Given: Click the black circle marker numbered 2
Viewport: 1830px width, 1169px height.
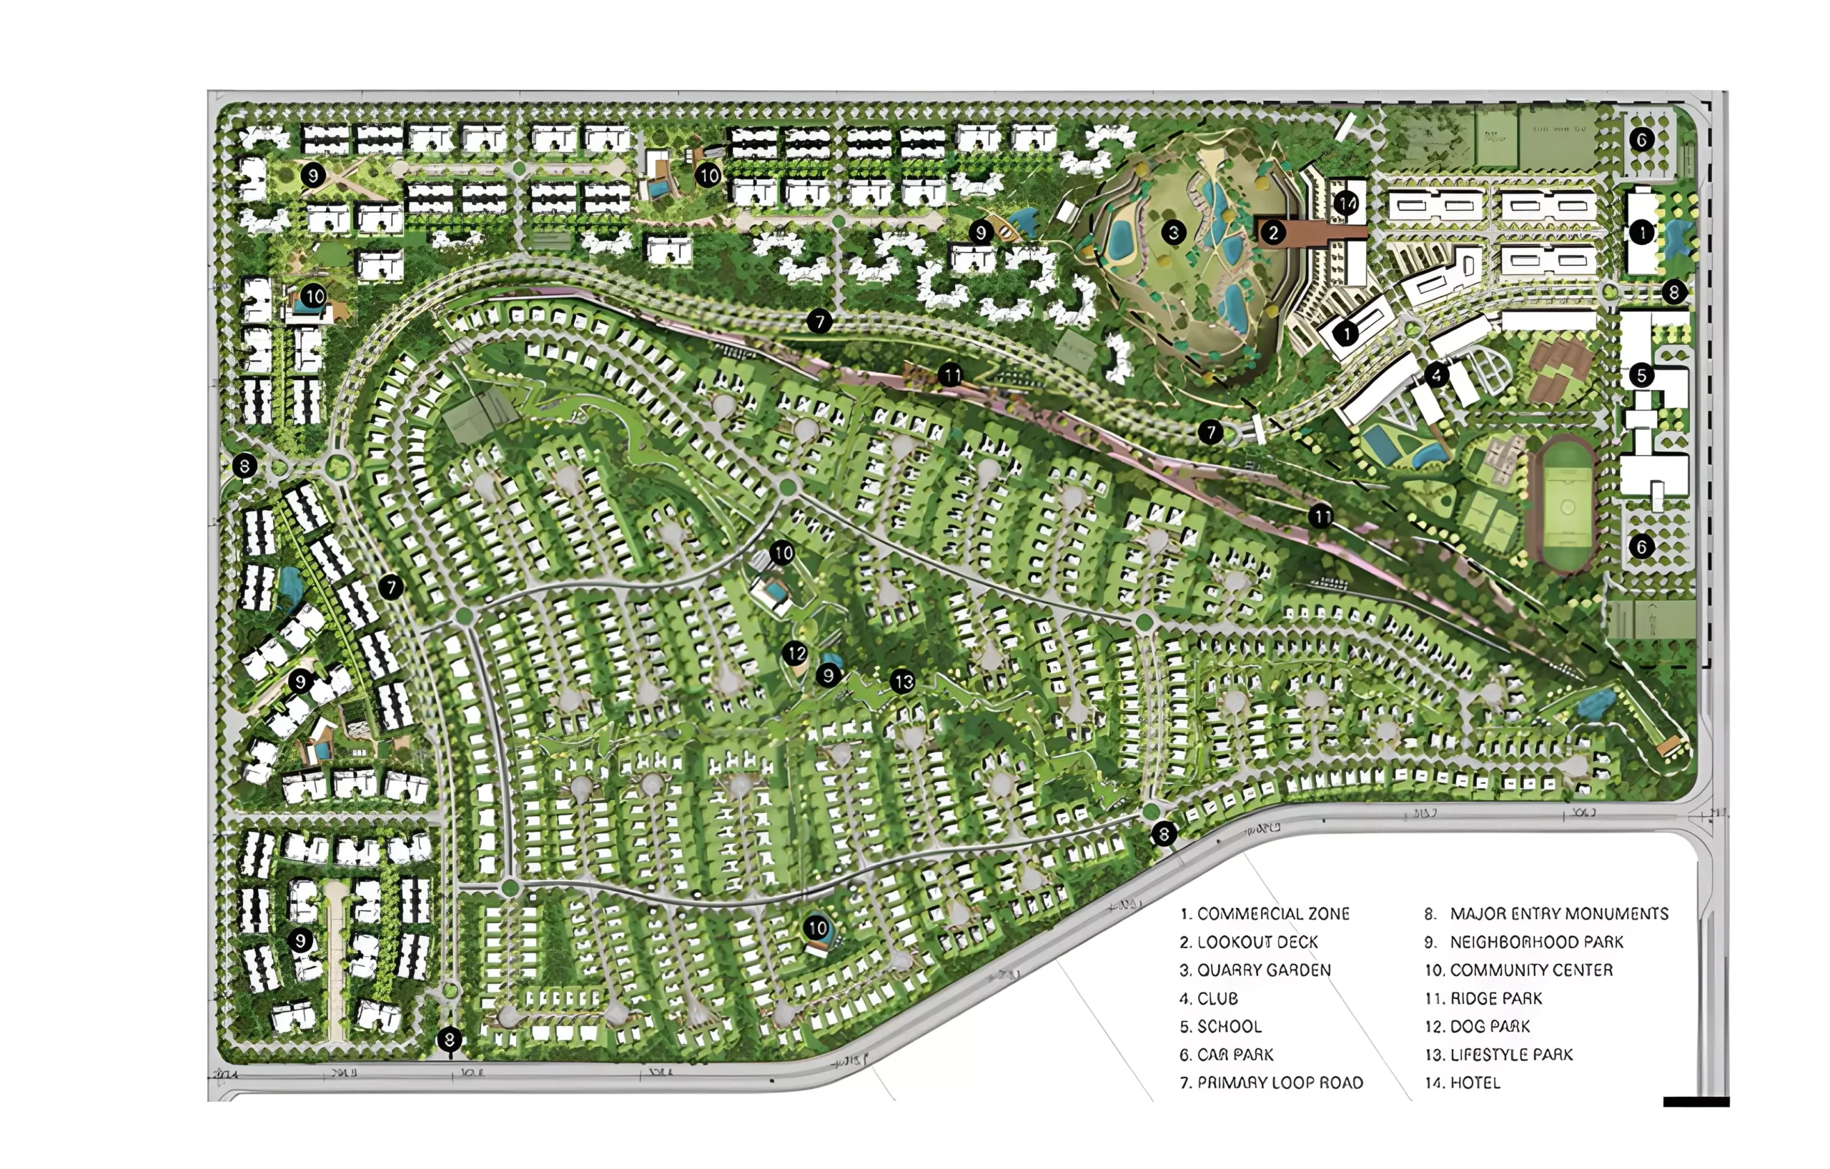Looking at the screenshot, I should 1274,232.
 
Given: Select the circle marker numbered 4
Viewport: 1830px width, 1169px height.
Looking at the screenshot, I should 1436,374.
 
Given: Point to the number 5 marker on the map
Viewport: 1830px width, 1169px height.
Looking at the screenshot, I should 1641,374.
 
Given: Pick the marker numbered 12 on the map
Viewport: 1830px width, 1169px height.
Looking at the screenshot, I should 796,653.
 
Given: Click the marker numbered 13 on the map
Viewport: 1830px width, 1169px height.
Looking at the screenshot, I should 903,682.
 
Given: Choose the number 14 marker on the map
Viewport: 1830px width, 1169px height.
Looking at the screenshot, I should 1347,203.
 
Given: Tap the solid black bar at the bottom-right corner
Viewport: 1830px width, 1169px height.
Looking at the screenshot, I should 1696,1101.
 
